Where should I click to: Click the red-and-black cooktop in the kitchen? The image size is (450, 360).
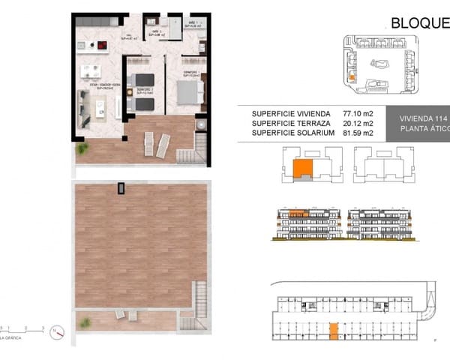tap(100, 45)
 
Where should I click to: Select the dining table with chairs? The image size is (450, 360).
tap(91, 72)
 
